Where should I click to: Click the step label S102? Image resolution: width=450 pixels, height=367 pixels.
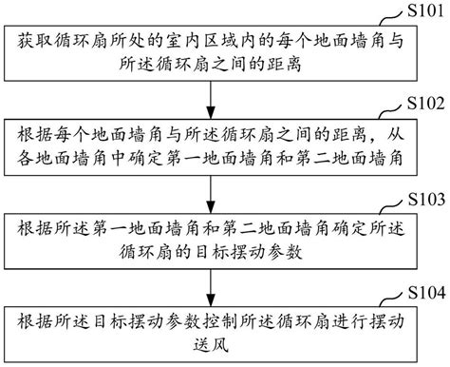pyautogui.click(x=424, y=102)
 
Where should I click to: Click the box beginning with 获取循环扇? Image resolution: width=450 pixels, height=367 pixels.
pyautogui.click(x=208, y=52)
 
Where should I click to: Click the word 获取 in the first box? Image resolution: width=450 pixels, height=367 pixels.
pyautogui.click(x=31, y=42)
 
